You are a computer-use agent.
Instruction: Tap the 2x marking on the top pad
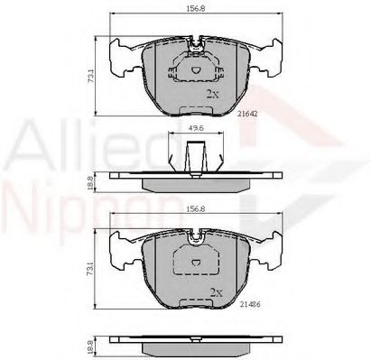tap(213, 93)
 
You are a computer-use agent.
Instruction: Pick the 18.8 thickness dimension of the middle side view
tap(89, 181)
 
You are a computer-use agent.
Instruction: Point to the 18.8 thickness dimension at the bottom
tap(89, 345)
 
